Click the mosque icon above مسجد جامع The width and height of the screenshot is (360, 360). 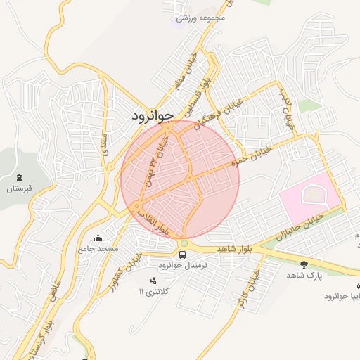[x=97, y=238]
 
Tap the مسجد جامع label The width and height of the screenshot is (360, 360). [x=98, y=249]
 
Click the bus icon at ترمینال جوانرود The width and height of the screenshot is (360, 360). [x=183, y=255]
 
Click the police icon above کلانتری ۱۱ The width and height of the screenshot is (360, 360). [x=153, y=281]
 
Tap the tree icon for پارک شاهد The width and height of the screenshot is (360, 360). [x=304, y=264]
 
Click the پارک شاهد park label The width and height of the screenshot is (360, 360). [x=304, y=276]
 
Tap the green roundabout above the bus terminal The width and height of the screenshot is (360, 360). [x=184, y=243]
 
